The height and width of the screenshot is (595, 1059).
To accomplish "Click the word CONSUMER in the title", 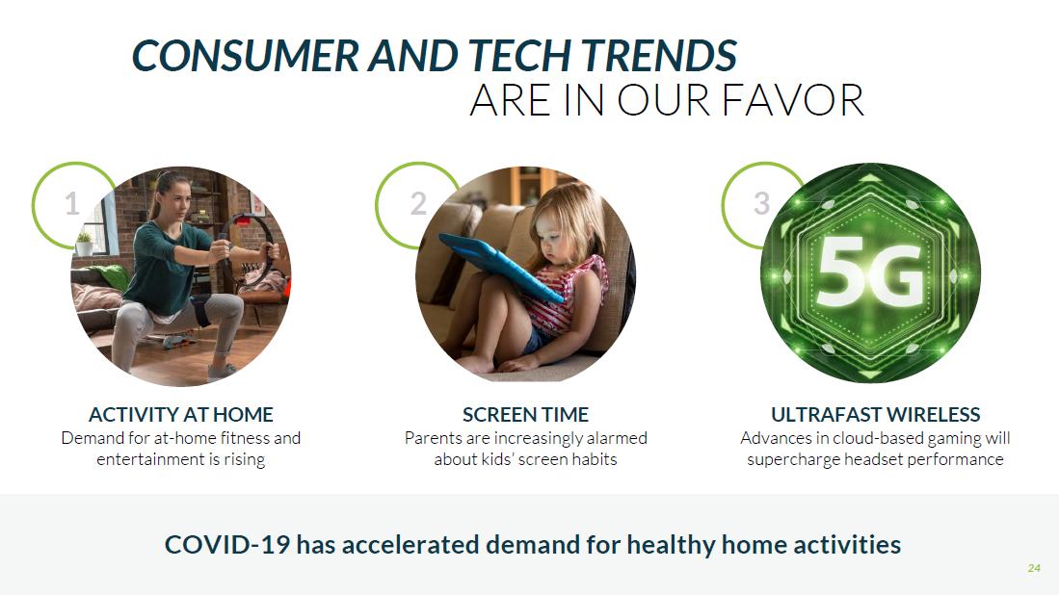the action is (x=246, y=55).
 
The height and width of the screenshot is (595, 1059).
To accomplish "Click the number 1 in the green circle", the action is (x=71, y=203).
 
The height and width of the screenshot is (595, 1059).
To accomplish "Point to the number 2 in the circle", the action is (x=419, y=203).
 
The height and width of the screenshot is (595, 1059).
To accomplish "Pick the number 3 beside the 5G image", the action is (x=762, y=203).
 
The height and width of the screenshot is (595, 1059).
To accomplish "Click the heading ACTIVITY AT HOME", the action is (x=181, y=414).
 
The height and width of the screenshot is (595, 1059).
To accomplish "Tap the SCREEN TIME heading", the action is (x=525, y=414).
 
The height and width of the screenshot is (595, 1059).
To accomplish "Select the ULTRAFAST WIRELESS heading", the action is (x=875, y=414).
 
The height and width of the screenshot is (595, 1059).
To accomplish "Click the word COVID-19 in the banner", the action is (x=227, y=544).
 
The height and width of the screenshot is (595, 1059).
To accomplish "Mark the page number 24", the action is (x=1034, y=568).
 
